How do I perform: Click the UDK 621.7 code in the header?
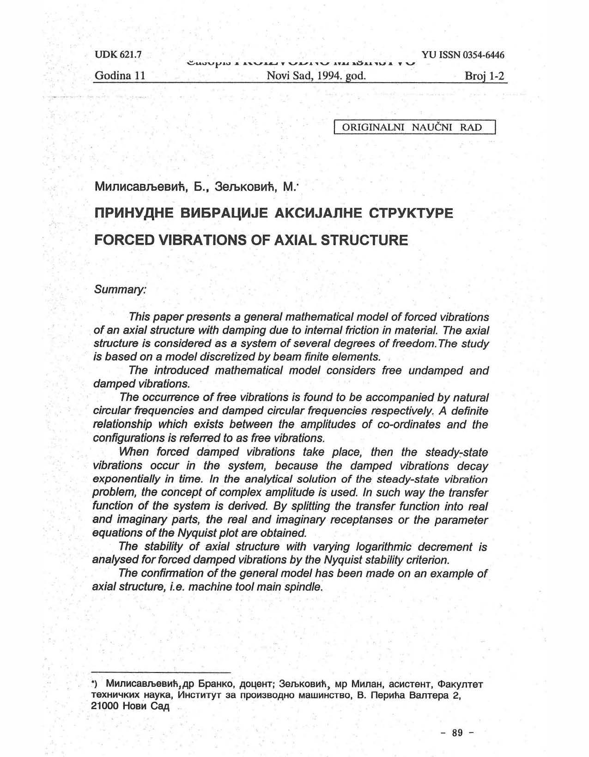[118, 55]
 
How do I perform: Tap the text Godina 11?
[120, 76]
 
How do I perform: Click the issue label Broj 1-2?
[484, 76]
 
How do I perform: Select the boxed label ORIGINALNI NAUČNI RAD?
[414, 127]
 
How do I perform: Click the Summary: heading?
[120, 290]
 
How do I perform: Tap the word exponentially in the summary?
[123, 479]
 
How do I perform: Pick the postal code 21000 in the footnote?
[106, 706]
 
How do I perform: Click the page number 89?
[457, 733]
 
